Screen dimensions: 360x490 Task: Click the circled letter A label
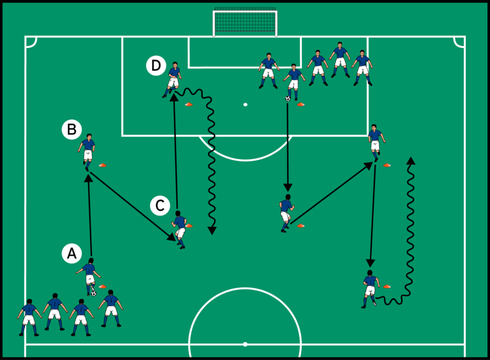tap(71, 254)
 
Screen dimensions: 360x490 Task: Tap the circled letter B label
tap(71, 128)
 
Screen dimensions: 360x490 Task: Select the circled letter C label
tap(160, 206)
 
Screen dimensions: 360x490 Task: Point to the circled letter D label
tap(156, 65)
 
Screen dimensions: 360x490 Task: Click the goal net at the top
tap(245, 23)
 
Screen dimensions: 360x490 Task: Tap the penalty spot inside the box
tap(245, 104)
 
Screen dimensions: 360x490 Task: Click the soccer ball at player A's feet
tap(94, 293)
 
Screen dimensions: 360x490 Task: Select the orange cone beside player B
tap(102, 164)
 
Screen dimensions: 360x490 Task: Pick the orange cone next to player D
tap(189, 104)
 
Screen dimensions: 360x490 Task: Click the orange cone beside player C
tap(190, 226)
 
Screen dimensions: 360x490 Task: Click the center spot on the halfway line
tap(245, 344)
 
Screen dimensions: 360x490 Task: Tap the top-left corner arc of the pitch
tap(31, 41)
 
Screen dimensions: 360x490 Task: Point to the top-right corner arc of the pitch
tap(459, 41)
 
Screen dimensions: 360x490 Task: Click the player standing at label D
tap(173, 78)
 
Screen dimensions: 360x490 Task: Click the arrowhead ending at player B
tap(88, 178)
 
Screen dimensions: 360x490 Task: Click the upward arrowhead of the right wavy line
tap(411, 161)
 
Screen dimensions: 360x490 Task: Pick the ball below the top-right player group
tap(288, 98)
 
